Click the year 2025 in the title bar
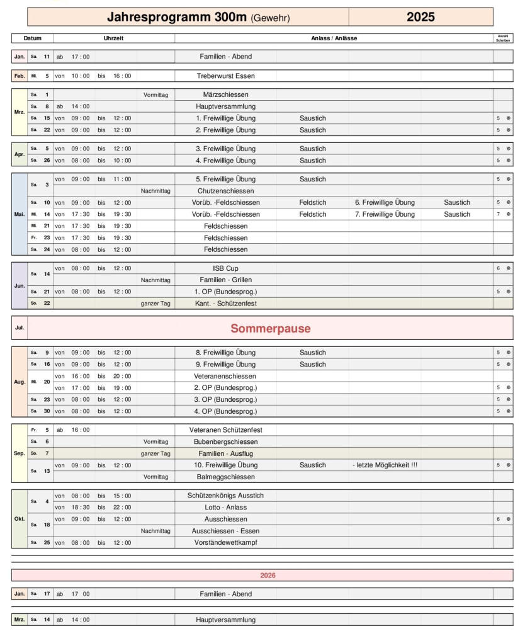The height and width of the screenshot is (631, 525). tap(421, 17)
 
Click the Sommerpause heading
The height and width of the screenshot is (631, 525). tap(271, 328)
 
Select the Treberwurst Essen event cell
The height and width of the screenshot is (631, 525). tap(225, 76)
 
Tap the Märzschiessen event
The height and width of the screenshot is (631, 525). tap(225, 94)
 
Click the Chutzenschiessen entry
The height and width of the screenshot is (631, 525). tap(225, 191)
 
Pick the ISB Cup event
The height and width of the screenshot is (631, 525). tap(225, 268)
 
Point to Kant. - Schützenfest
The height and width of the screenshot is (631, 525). tap(225, 304)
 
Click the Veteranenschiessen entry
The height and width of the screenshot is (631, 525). tap(225, 375)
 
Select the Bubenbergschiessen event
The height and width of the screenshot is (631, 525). tap(225, 441)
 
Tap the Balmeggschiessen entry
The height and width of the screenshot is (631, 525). tap(225, 477)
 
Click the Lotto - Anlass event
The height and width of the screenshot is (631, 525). tap(225, 507)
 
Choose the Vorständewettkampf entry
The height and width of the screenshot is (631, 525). tap(225, 542)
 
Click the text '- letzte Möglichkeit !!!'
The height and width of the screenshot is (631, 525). tap(385, 465)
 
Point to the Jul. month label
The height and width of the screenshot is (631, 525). tap(20, 328)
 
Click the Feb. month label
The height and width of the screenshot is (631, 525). tap(20, 76)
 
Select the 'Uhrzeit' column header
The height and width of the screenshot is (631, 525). tap(113, 38)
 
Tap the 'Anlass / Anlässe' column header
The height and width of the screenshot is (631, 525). tap(334, 38)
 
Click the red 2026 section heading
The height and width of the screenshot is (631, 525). tap(269, 575)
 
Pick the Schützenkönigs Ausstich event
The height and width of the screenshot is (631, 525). tap(225, 496)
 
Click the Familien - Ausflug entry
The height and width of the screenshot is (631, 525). tap(225, 453)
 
